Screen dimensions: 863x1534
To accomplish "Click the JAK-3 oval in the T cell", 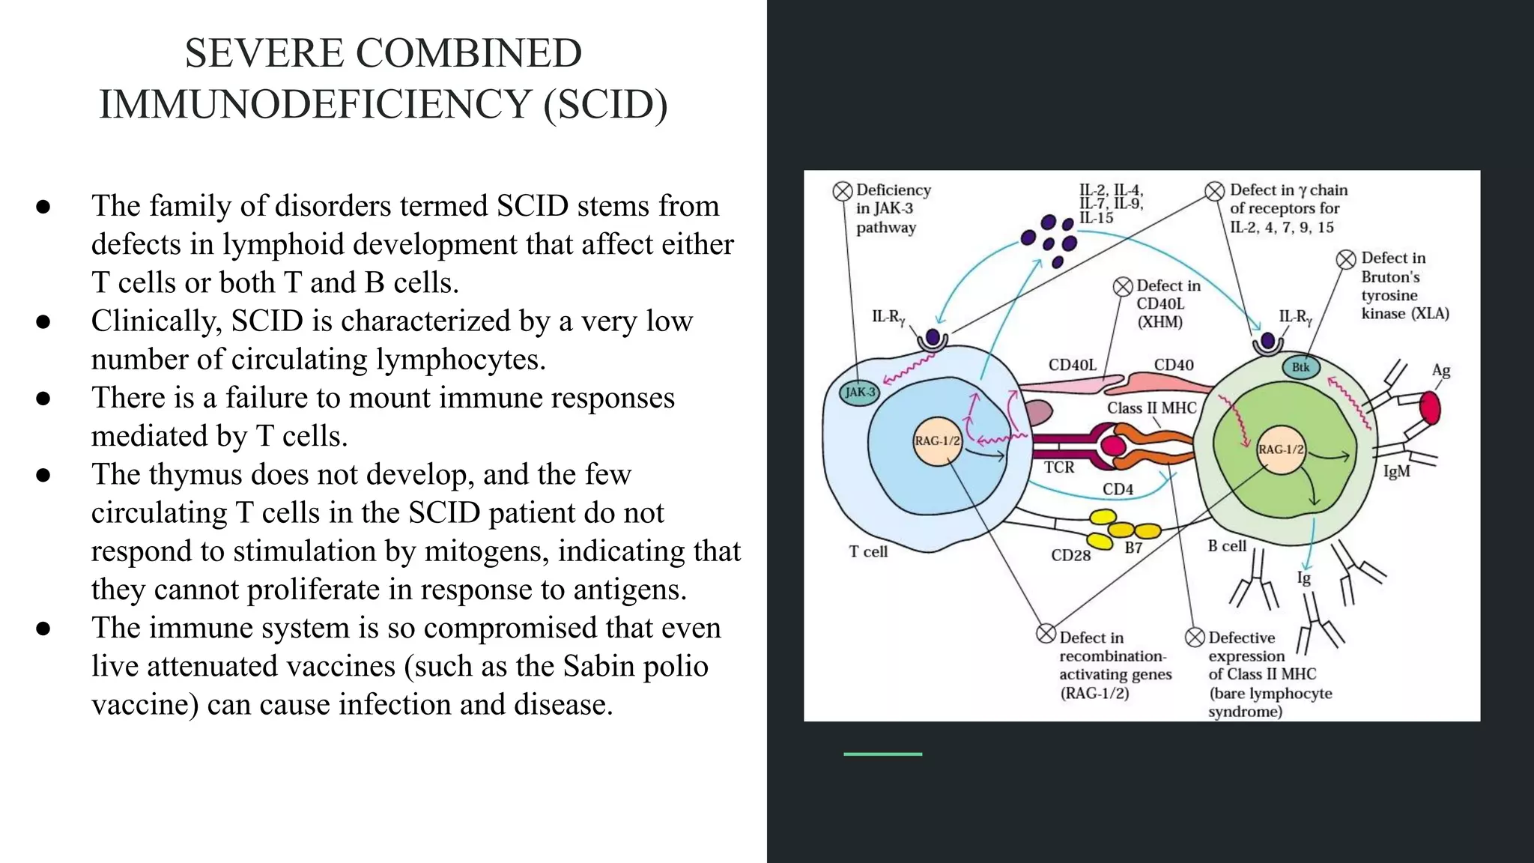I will (859, 392).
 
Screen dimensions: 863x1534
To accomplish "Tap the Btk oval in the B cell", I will (1301, 367).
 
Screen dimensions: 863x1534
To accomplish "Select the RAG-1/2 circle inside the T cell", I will (937, 440).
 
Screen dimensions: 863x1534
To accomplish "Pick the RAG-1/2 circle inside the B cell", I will (1281, 449).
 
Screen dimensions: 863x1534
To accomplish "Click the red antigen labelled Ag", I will (1430, 408).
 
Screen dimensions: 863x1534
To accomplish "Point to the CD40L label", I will (1072, 365).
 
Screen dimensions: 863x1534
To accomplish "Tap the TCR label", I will (1059, 467).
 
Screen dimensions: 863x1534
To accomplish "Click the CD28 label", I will (1070, 555).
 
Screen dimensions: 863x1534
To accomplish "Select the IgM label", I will (1396, 472).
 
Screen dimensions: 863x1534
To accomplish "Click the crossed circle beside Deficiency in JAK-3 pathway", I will (843, 191).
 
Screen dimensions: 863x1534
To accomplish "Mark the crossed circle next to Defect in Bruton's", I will (1346, 259).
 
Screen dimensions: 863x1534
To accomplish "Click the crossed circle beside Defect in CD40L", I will (1123, 286).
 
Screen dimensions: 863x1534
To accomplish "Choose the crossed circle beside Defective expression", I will (1195, 638).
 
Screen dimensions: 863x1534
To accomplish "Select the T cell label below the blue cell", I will (868, 552).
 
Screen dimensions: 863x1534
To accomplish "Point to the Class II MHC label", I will (1152, 408).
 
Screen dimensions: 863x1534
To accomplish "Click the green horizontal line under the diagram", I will (882, 754).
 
